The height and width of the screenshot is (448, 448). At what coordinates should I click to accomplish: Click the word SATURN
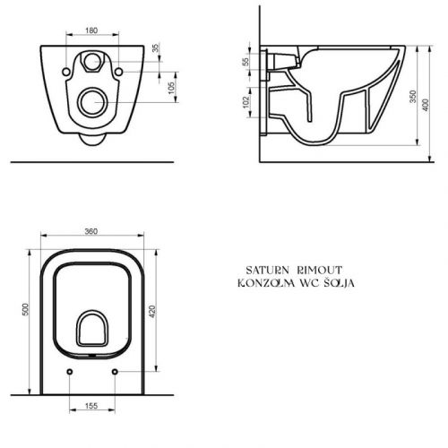tap(264, 269)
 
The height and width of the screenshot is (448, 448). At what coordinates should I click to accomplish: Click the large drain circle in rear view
tap(92, 103)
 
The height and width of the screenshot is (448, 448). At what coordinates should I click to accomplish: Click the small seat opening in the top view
tap(92, 330)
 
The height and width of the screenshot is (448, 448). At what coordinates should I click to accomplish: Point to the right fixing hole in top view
tap(116, 371)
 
